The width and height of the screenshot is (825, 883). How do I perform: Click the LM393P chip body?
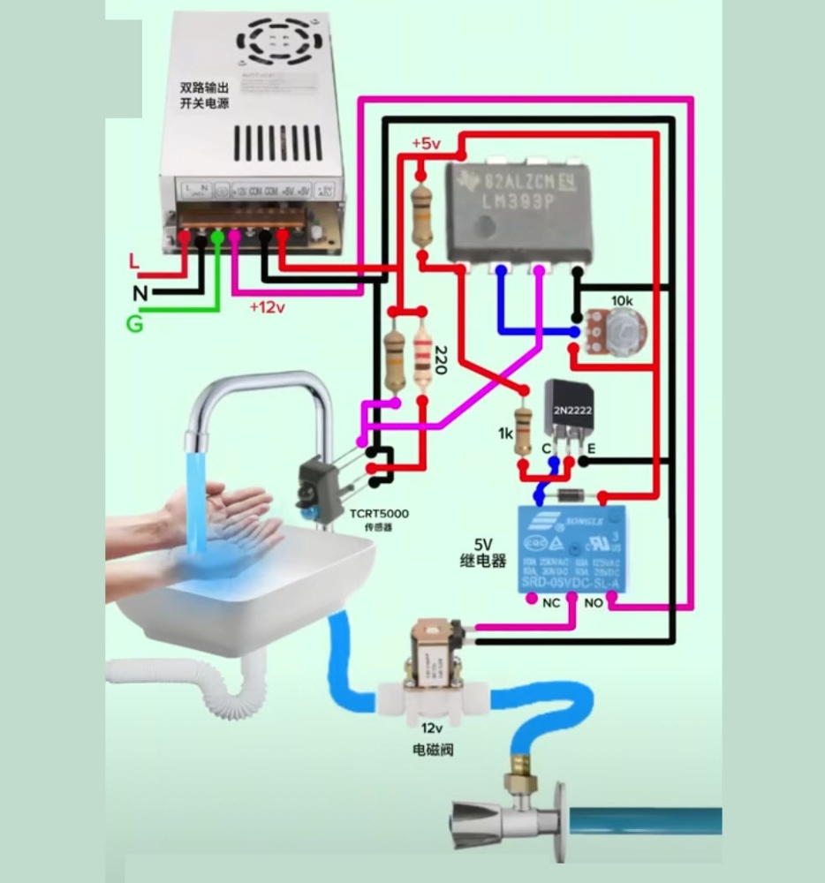[518, 212]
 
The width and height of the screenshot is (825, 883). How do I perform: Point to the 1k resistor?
[525, 430]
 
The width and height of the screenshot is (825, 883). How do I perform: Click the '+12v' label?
[267, 307]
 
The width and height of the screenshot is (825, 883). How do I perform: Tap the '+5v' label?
[425, 144]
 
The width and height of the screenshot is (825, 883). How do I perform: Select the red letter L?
[134, 261]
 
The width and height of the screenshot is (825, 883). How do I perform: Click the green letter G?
[134, 324]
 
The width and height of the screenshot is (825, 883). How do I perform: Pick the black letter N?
[140, 293]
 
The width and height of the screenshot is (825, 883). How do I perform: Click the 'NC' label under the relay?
[551, 603]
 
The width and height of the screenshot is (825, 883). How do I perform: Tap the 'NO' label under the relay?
[593, 603]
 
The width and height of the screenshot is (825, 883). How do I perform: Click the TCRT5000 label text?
[379, 514]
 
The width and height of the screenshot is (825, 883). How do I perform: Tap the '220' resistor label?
[440, 359]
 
